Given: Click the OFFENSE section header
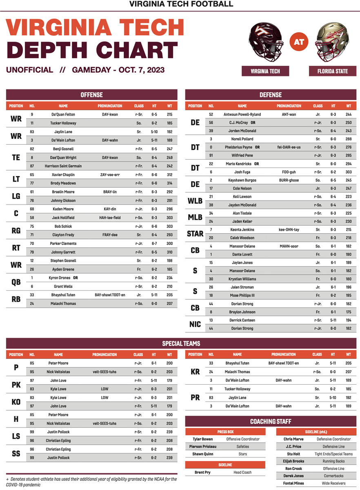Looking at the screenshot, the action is (91, 95).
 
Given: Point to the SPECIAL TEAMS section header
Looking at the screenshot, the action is (181, 343).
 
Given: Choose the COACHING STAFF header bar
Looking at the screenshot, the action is (271, 421).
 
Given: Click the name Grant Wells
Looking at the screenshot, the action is (63, 286).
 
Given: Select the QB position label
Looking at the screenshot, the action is (16, 282).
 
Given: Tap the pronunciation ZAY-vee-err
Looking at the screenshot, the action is (110, 174).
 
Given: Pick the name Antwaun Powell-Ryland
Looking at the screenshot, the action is (242, 114).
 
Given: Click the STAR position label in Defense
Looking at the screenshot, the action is (195, 234).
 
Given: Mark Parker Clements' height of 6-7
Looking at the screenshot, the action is (154, 243).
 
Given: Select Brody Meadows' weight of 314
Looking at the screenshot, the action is (169, 183).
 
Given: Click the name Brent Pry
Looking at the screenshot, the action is (203, 472).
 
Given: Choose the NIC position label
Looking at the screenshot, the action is (195, 324).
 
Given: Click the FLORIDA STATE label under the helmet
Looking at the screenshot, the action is (333, 71).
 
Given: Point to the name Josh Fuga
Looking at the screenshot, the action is (242, 172).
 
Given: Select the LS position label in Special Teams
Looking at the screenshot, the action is (16, 436).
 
